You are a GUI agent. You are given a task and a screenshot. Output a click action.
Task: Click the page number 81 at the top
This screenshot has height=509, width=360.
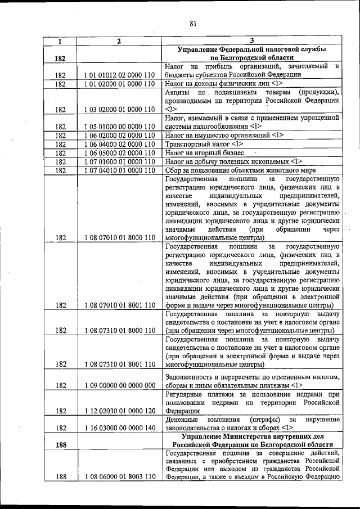point(193,23)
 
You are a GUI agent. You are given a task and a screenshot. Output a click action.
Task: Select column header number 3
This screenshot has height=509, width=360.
point(251,41)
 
